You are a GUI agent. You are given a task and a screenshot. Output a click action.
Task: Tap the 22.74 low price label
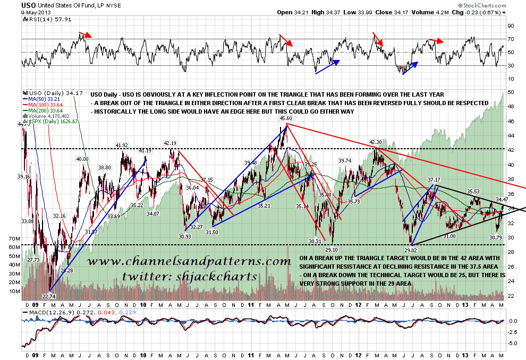48,296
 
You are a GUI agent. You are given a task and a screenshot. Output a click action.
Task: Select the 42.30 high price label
376,142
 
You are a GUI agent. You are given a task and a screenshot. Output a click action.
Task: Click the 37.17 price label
434,180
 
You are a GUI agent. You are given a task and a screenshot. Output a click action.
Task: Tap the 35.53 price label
474,191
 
